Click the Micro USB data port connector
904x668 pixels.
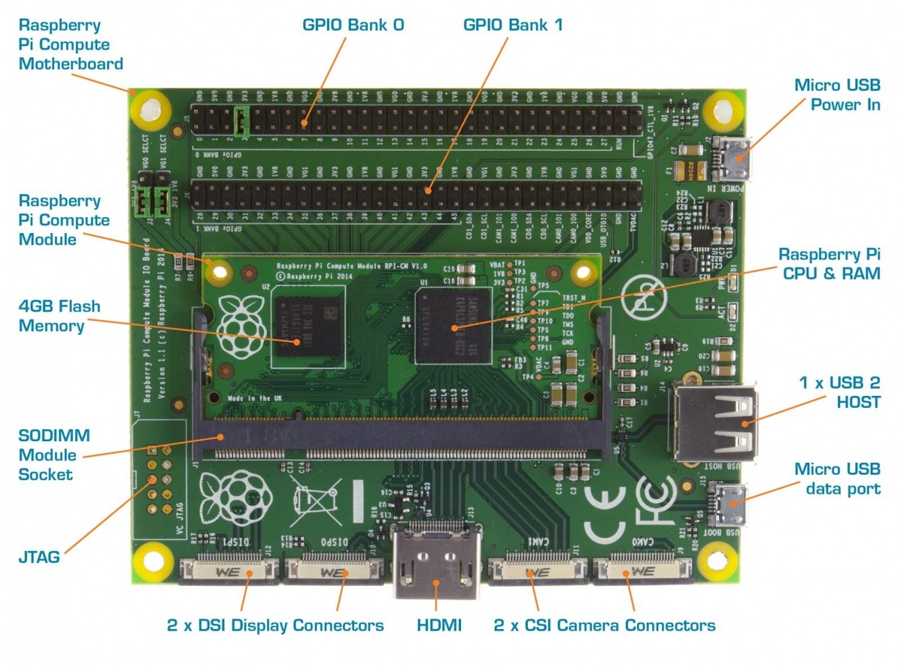coord(728,505)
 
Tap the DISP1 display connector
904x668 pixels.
coord(229,571)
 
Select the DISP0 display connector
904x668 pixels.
coord(333,571)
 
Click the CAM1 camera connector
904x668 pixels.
coord(538,571)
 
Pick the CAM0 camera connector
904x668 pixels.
coord(642,571)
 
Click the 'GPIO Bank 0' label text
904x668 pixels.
coord(353,25)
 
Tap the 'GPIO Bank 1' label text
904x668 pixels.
coord(512,25)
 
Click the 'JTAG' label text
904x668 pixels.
coord(39,557)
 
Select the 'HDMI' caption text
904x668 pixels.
coord(439,625)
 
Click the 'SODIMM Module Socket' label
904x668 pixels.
coord(54,455)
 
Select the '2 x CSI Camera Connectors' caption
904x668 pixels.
coord(604,625)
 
